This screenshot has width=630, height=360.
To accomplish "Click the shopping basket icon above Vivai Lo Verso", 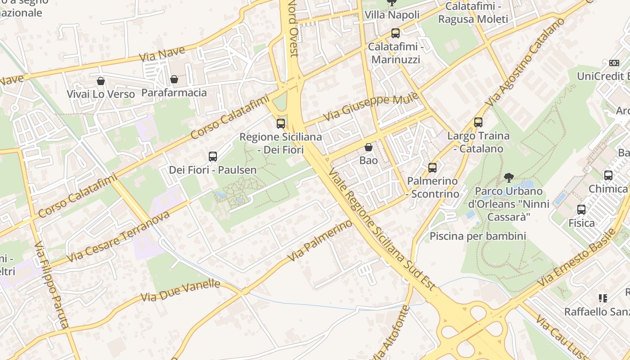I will pyautogui.click(x=101, y=81).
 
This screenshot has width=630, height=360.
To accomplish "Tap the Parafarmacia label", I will pyautogui.click(x=174, y=93).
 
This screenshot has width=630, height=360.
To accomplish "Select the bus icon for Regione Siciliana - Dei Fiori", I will pyautogui.click(x=281, y=123).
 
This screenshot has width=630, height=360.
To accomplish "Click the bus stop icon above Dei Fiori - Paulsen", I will pyautogui.click(x=213, y=157).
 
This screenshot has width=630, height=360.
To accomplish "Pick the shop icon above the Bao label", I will pyautogui.click(x=369, y=147).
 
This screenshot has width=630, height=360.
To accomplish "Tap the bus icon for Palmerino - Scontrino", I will pyautogui.click(x=432, y=168).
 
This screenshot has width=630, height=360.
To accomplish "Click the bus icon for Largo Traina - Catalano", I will pyautogui.click(x=478, y=122).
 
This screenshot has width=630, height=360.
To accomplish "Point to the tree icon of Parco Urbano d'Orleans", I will pyautogui.click(x=509, y=177).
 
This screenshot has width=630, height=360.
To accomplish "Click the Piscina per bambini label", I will pyautogui.click(x=477, y=236).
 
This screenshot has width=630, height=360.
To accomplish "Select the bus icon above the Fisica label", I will pyautogui.click(x=581, y=210).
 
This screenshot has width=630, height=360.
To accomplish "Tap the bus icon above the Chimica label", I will pyautogui.click(x=608, y=175).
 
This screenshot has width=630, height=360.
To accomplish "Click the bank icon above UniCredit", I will pyautogui.click(x=614, y=63).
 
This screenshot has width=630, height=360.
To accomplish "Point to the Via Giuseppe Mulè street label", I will pyautogui.click(x=371, y=107).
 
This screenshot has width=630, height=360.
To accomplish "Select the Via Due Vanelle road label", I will pyautogui.click(x=180, y=291).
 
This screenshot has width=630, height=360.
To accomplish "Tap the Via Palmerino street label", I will pyautogui.click(x=320, y=241).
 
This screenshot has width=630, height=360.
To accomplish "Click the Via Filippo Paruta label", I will pyautogui.click(x=52, y=285).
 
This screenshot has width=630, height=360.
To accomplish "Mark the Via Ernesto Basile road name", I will pyautogui.click(x=577, y=258).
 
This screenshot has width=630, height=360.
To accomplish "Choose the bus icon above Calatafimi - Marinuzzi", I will pyautogui.click(x=395, y=33).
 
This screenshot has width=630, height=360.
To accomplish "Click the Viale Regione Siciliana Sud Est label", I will pyautogui.click(x=382, y=229).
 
